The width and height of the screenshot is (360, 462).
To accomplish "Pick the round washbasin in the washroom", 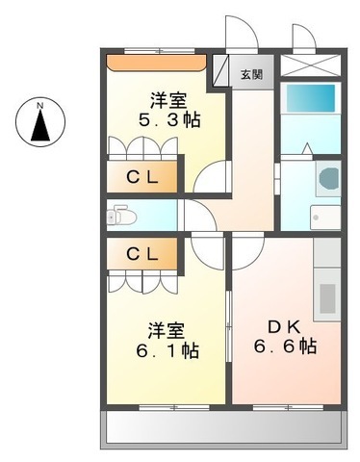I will (326, 179).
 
